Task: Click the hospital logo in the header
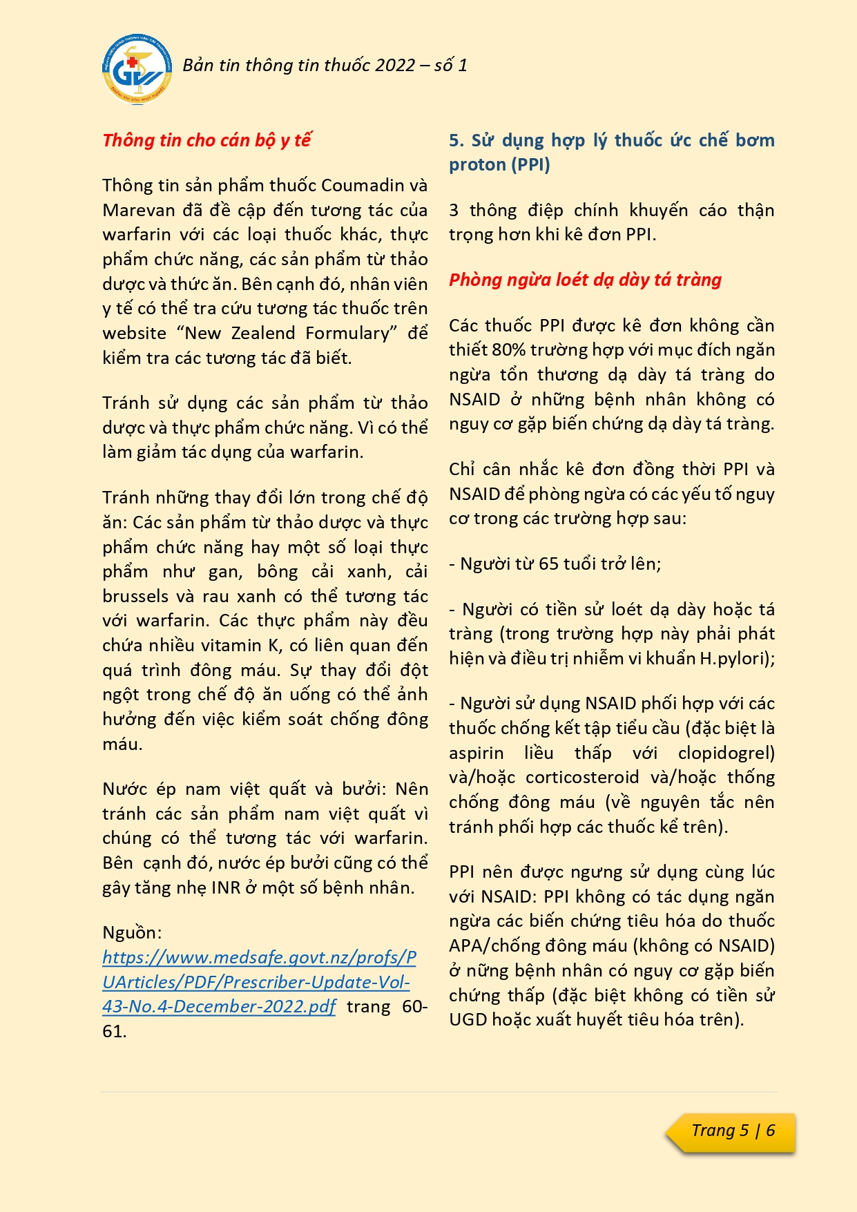point(135,69)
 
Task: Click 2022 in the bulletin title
point(396,66)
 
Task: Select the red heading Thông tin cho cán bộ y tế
point(206,140)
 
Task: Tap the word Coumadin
point(363,186)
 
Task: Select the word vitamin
point(231,646)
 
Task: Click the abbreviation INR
point(225,888)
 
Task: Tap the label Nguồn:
point(132,933)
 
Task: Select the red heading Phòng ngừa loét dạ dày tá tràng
point(585,280)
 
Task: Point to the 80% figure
point(507,350)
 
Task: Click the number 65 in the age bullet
point(548,564)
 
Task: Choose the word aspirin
point(476,753)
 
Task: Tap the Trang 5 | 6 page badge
point(733,1131)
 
